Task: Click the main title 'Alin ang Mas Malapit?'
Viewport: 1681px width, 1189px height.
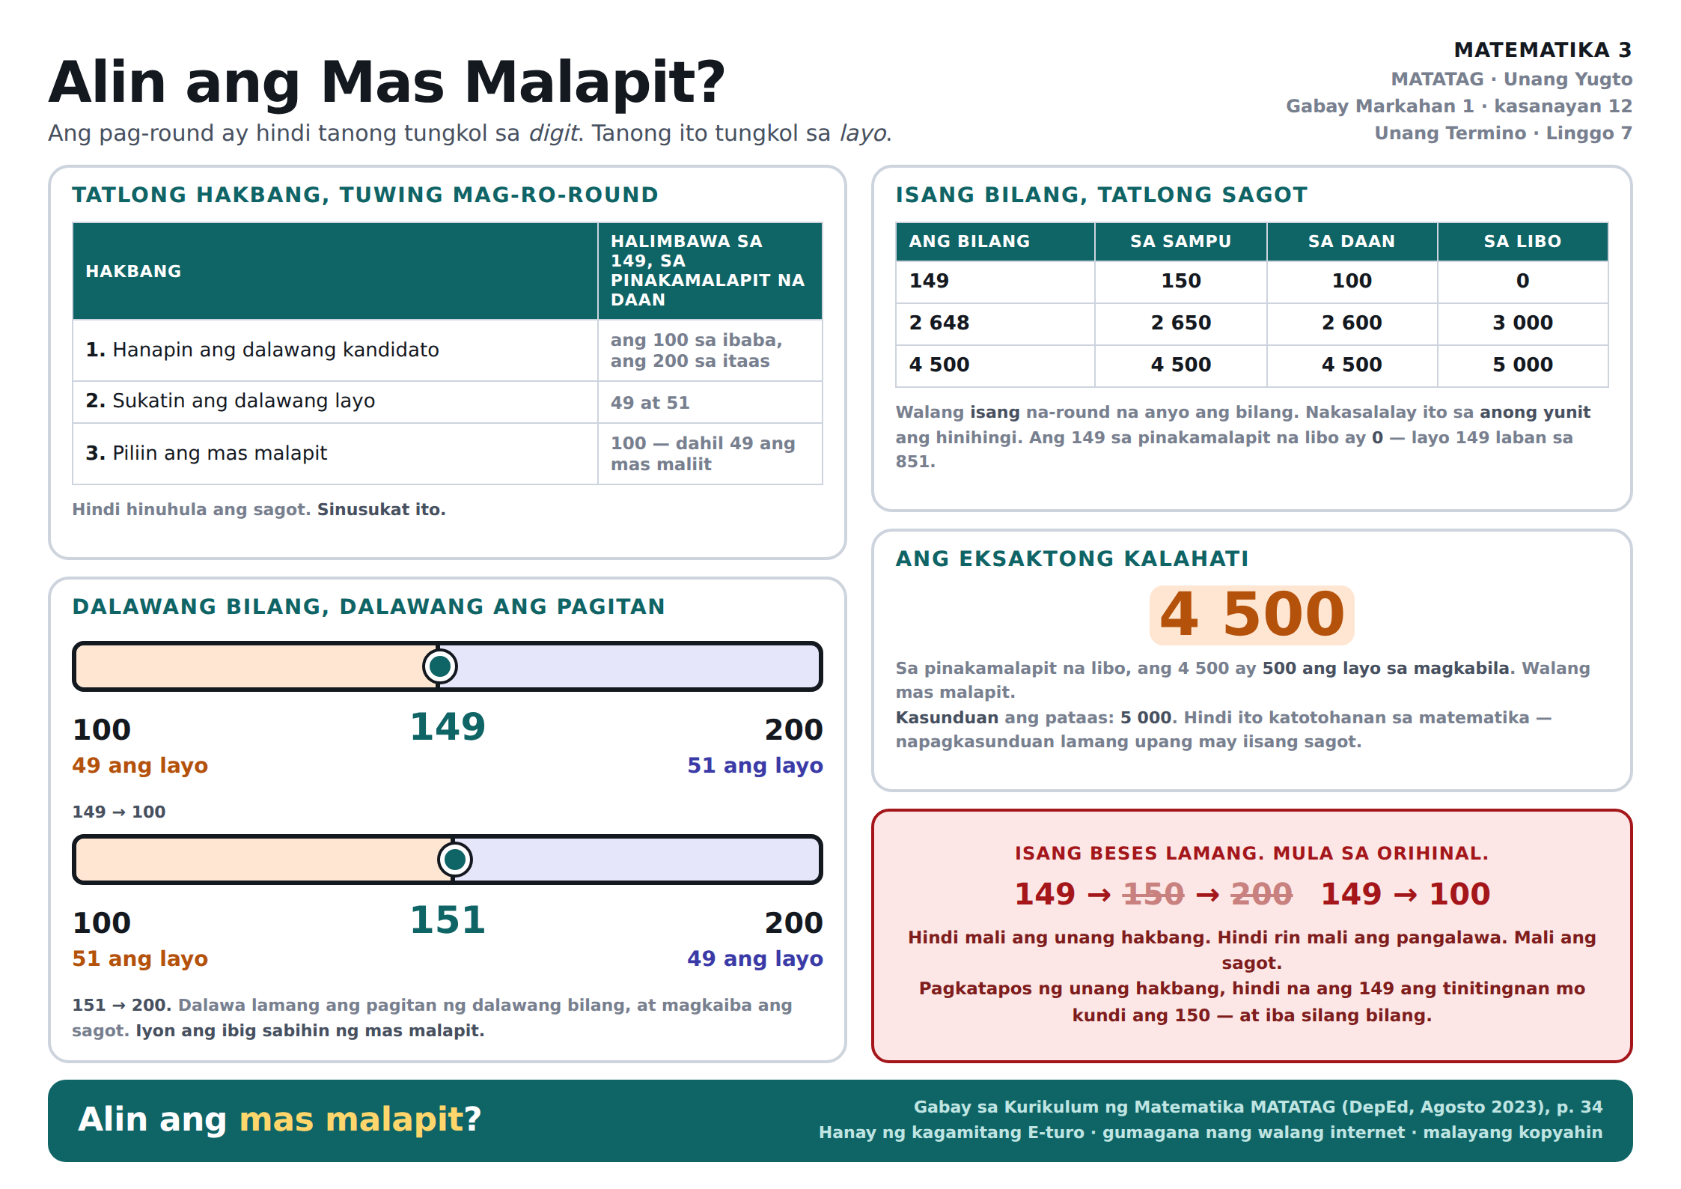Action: tap(387, 82)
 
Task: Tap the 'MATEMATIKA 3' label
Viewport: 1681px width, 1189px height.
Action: tap(1543, 50)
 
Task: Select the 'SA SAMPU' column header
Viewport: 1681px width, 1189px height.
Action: tap(1180, 241)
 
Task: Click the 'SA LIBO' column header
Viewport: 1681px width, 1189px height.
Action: tap(1522, 241)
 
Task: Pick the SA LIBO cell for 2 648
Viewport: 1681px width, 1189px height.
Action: tap(1522, 323)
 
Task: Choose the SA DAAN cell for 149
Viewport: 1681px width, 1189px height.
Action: tap(1352, 281)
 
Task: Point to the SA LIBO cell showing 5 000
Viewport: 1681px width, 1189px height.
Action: tap(1522, 365)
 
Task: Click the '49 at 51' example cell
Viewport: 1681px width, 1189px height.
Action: tap(650, 403)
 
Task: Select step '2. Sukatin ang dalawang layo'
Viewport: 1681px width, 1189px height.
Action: tap(231, 401)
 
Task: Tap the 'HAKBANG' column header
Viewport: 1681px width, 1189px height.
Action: tap(133, 271)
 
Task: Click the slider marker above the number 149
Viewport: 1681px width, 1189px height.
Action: tap(440, 666)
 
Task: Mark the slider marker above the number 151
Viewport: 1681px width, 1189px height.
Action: tap(455, 860)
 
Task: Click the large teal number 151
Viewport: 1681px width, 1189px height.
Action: tap(448, 920)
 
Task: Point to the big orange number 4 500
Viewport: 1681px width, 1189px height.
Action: tap(1252, 615)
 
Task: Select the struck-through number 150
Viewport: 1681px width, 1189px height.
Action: tap(1153, 894)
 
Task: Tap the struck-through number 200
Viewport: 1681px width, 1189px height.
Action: tap(1261, 894)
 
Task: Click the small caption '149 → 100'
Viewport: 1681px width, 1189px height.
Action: tap(119, 812)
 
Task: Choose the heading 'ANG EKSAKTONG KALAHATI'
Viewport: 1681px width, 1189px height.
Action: tap(1072, 559)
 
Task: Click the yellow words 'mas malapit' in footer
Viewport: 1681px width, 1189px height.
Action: tap(352, 1119)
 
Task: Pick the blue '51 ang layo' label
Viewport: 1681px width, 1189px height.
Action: tap(755, 765)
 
